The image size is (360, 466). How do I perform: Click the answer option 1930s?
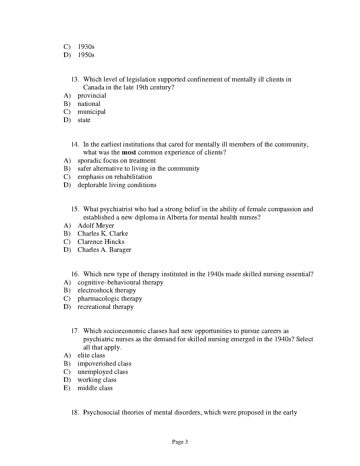pyautogui.click(x=86, y=47)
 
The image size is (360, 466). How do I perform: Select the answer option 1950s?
pyautogui.click(x=86, y=55)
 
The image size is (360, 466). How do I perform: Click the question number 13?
pyautogui.click(x=75, y=79)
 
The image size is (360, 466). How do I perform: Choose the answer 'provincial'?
pyautogui.click(x=92, y=96)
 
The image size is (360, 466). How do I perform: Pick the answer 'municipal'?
pyautogui.click(x=91, y=112)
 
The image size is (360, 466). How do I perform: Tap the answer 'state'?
pyautogui.click(x=84, y=120)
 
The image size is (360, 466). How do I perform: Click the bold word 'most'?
pyautogui.click(x=129, y=152)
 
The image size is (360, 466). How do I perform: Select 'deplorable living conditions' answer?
pyautogui.click(x=117, y=185)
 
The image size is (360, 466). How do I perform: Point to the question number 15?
pyautogui.click(x=75, y=209)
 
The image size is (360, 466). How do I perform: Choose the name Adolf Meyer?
pyautogui.click(x=96, y=226)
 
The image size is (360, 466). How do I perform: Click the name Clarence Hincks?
pyautogui.click(x=101, y=242)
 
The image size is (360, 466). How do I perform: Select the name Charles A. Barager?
pyautogui.click(x=104, y=250)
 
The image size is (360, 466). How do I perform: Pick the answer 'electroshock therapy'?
pyautogui.click(x=107, y=290)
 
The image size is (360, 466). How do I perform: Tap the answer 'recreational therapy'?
pyautogui.click(x=106, y=307)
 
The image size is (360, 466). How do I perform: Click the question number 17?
pyautogui.click(x=75, y=331)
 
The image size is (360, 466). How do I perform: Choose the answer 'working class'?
pyautogui.click(x=97, y=380)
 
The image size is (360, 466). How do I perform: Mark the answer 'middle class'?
pyautogui.click(x=95, y=388)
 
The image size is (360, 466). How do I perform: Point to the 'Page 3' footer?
pyautogui.click(x=180, y=442)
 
